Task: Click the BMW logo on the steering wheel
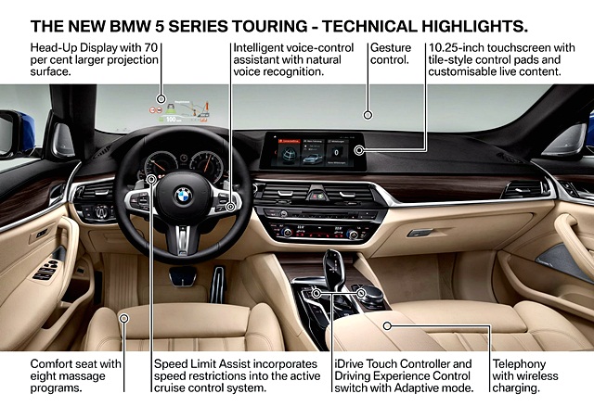pyautogui.click(x=184, y=197)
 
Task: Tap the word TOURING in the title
pyautogui.click(x=270, y=27)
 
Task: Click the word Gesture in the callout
pyautogui.click(x=391, y=48)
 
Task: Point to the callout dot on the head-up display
pyautogui.click(x=161, y=99)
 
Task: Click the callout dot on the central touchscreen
pyautogui.click(x=359, y=150)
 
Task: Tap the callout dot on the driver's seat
pyautogui.click(x=123, y=319)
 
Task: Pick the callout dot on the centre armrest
pyautogui.click(x=387, y=325)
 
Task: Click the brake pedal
pyautogui.click(x=183, y=276)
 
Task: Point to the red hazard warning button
pyautogui.click(x=315, y=197)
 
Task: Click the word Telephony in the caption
pyautogui.click(x=519, y=364)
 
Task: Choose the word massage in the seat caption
pyautogui.click(x=86, y=376)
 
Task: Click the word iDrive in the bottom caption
pyautogui.click(x=349, y=364)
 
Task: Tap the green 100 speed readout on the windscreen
pyautogui.click(x=171, y=120)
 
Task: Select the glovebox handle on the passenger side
pyautogui.click(x=420, y=233)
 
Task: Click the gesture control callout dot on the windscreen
pyautogui.click(x=368, y=115)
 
